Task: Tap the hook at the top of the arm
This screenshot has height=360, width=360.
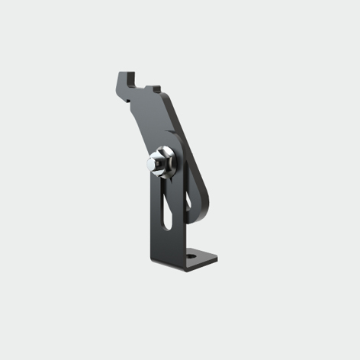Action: [x=124, y=78]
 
